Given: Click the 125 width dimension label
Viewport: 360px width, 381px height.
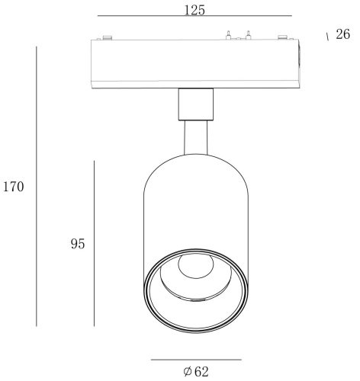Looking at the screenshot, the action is click(x=194, y=10).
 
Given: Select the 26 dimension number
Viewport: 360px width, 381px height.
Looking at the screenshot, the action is click(x=342, y=34).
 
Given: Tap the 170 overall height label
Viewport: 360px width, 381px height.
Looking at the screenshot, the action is click(x=13, y=187).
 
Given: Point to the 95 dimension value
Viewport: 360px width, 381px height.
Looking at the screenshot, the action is click(x=78, y=244).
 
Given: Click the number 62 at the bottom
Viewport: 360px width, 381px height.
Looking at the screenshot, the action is click(x=201, y=372).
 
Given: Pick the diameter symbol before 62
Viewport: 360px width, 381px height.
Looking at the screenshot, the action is click(x=188, y=372).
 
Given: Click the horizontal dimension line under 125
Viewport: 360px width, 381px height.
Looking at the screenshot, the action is click(x=194, y=16).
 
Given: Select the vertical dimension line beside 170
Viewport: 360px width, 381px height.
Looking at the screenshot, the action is click(x=37, y=186).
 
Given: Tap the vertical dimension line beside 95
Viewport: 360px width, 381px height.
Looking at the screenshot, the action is click(x=94, y=243).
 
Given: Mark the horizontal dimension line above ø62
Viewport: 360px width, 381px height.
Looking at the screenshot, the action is click(x=196, y=360).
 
